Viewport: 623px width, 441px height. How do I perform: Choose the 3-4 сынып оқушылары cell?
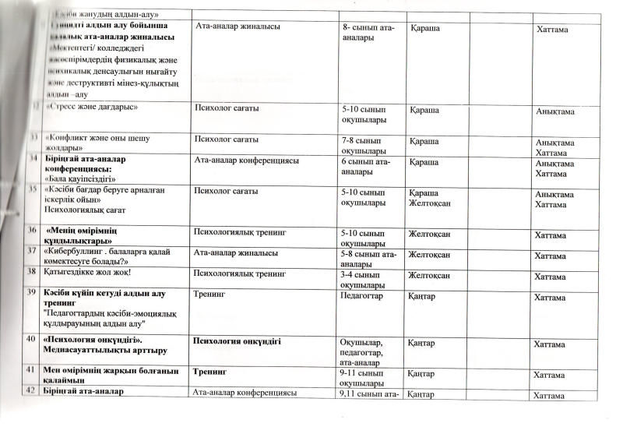click(x=364, y=278)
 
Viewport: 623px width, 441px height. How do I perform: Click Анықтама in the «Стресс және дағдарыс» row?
click(x=554, y=112)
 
